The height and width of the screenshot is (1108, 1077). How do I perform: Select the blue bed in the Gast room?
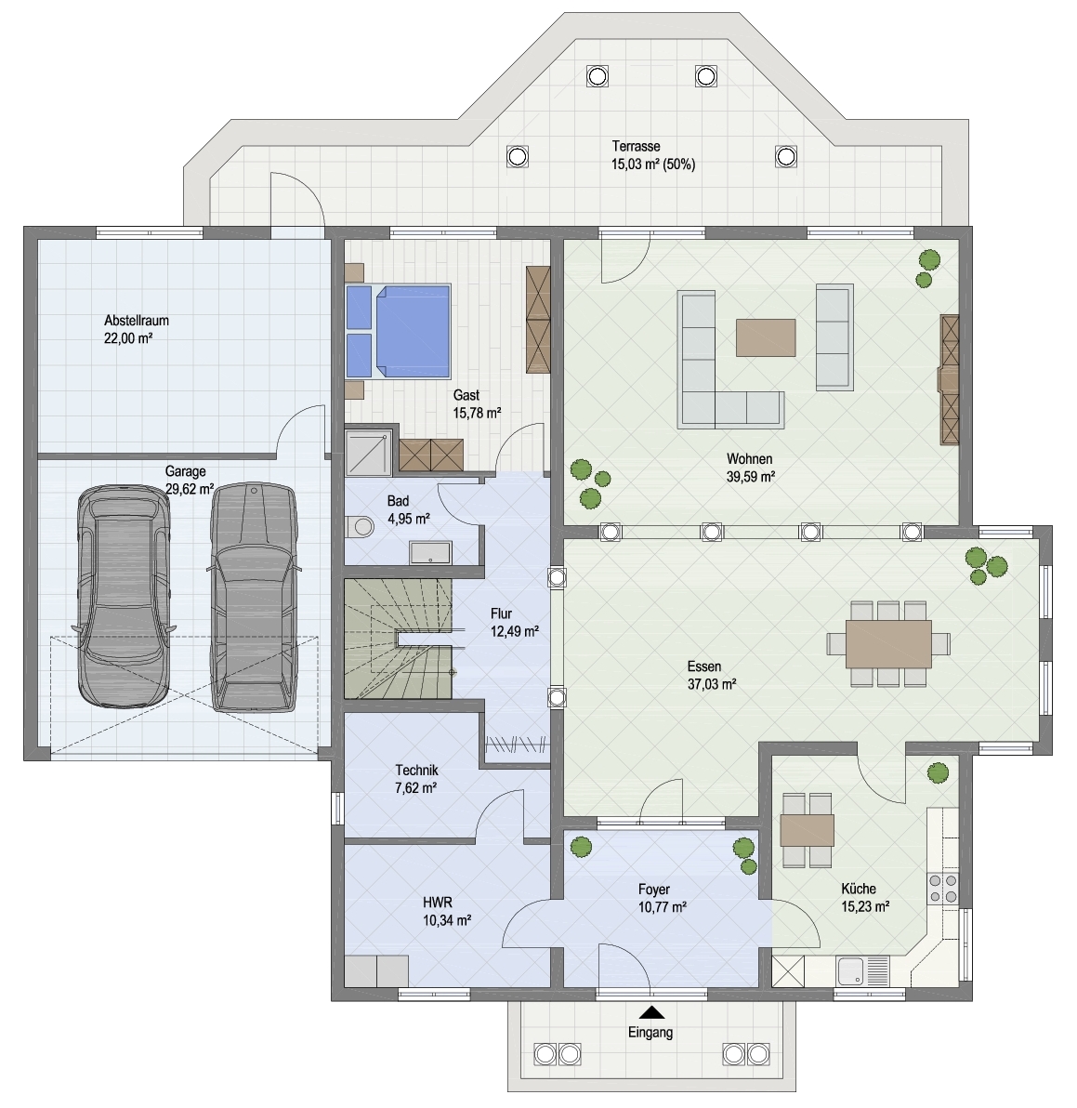tap(399, 331)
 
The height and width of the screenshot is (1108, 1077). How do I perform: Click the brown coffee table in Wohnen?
tap(766, 337)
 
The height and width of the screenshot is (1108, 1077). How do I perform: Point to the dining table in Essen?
tap(888, 644)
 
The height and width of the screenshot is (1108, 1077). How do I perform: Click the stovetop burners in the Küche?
tap(943, 889)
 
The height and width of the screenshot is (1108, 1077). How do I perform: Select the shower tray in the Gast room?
tap(367, 453)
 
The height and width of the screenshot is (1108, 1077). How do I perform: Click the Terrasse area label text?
tap(653, 155)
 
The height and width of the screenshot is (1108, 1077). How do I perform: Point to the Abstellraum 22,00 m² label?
tap(137, 329)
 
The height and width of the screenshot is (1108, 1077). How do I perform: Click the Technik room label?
tap(416, 779)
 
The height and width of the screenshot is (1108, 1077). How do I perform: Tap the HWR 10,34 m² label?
tap(447, 911)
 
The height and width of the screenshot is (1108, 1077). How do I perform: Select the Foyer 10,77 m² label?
tap(663, 898)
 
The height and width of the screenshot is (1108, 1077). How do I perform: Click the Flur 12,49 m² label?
tap(514, 623)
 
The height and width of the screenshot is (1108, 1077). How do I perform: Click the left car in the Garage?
tap(124, 595)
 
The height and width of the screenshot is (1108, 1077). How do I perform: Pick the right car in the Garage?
tap(254, 597)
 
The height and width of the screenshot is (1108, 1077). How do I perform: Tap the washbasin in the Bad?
tap(431, 552)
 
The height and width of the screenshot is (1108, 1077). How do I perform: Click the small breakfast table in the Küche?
tap(807, 830)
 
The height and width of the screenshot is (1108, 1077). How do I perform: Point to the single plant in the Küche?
tap(938, 772)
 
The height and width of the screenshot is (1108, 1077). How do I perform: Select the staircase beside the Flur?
tap(399, 639)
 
